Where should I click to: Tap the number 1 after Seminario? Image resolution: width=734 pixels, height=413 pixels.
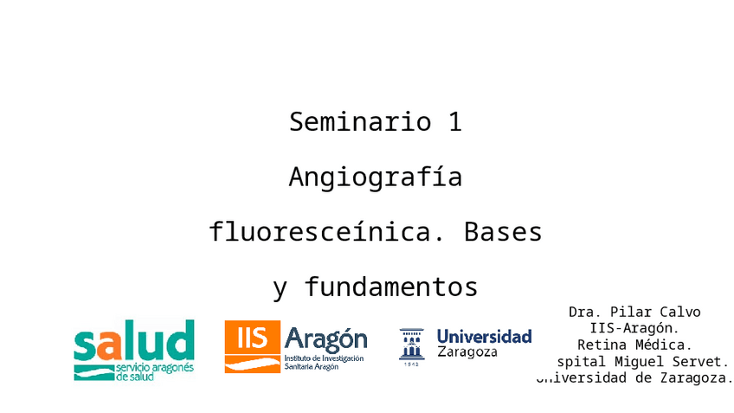click(454, 122)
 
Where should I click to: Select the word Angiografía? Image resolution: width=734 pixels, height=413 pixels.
click(375, 177)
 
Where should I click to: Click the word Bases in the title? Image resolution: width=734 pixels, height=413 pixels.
click(503, 232)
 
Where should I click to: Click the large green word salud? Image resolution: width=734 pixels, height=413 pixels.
click(133, 342)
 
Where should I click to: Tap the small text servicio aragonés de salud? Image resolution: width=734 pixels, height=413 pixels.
click(154, 372)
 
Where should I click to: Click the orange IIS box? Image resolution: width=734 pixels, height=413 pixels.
click(252, 338)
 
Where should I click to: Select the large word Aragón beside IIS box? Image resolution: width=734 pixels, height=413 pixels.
click(325, 338)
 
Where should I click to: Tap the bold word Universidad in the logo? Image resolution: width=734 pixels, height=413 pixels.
click(484, 336)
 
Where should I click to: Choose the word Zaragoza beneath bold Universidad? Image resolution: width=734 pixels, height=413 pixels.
click(467, 352)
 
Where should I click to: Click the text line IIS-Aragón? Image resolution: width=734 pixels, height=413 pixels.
click(634, 328)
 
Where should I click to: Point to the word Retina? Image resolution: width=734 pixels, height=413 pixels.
click(601, 345)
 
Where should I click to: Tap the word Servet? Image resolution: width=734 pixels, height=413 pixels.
click(704, 361)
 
